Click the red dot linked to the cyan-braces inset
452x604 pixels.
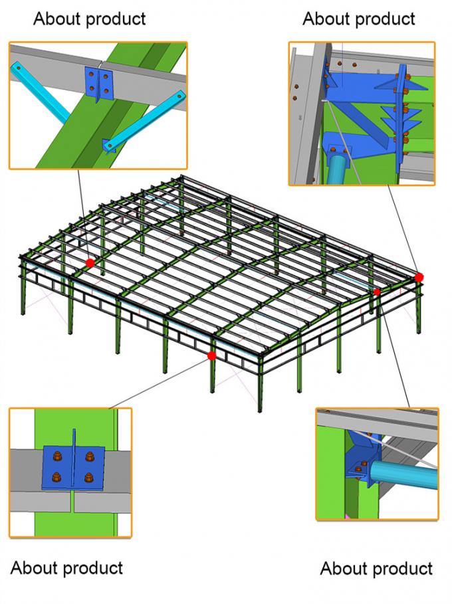pyautogui.click(x=90, y=263)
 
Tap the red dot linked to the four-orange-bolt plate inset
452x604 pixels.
pyautogui.click(x=212, y=356)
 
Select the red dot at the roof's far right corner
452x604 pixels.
pyautogui.click(x=419, y=277)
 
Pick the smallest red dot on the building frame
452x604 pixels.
pyautogui.click(x=377, y=292)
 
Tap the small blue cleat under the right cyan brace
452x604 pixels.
pyautogui.click(x=108, y=144)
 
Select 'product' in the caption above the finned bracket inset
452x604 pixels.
pyautogui.click(x=386, y=19)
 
